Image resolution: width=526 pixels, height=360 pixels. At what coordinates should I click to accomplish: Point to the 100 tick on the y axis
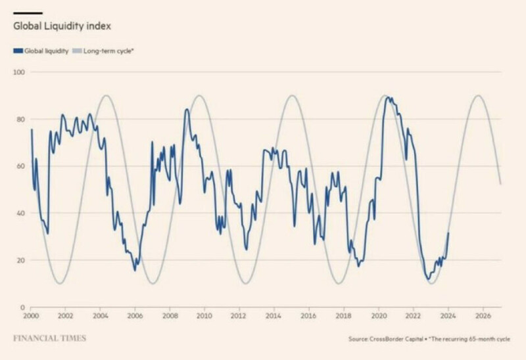[18, 72]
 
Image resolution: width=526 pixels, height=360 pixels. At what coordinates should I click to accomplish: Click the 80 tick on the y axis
[20, 119]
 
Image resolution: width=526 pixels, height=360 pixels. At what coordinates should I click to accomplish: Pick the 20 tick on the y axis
[20, 260]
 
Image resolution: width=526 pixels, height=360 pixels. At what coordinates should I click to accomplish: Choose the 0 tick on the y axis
[22, 307]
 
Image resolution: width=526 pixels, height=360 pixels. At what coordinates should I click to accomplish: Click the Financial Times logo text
[49, 339]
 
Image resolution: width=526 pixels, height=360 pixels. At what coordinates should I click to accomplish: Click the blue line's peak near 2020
[387, 97]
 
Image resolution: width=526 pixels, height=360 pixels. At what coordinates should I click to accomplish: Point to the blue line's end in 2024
[448, 233]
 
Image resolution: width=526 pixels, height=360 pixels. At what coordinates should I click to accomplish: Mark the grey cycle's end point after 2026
[501, 185]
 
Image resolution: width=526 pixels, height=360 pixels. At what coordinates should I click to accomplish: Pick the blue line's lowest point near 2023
[427, 279]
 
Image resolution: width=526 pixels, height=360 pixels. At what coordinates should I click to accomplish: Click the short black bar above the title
[28, 12]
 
